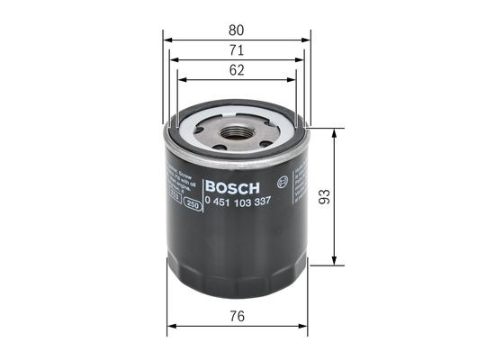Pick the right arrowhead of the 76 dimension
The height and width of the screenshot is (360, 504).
(306, 327)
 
